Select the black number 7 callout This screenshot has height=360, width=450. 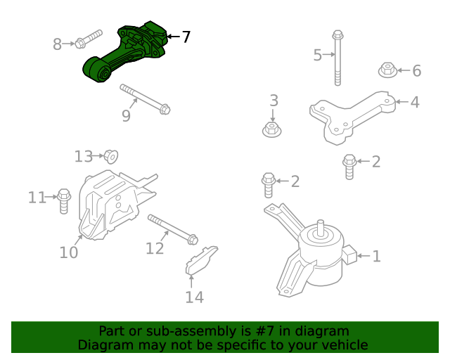tap(186, 37)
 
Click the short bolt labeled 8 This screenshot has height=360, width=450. tap(87, 40)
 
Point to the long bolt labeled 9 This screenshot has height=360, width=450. tap(144, 98)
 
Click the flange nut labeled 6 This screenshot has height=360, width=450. tap(387, 70)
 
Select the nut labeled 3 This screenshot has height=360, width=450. tap(271, 129)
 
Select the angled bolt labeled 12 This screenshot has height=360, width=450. tap(172, 230)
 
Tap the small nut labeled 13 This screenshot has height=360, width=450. tap(110, 156)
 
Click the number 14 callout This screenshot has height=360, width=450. tap(194, 297)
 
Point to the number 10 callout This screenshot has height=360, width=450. tap(68, 252)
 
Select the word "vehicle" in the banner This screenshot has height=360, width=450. tap(342, 345)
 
